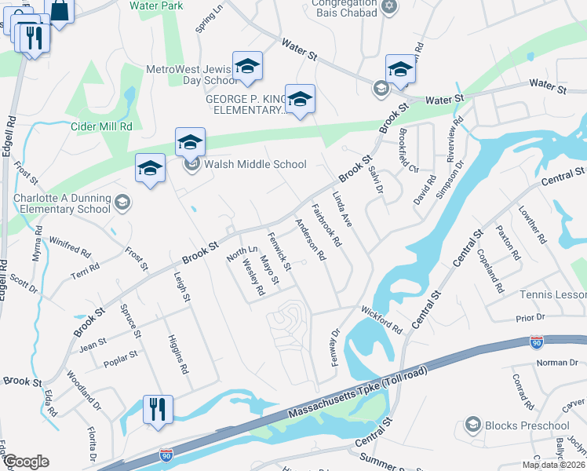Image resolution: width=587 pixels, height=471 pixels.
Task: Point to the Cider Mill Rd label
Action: point(101,126)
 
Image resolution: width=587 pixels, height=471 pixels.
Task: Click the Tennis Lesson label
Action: point(553,294)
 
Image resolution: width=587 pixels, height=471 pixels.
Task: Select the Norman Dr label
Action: point(556,362)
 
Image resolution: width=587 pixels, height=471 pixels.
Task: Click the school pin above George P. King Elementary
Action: point(300,99)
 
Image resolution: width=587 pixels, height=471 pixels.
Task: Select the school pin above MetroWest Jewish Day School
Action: point(248,68)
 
